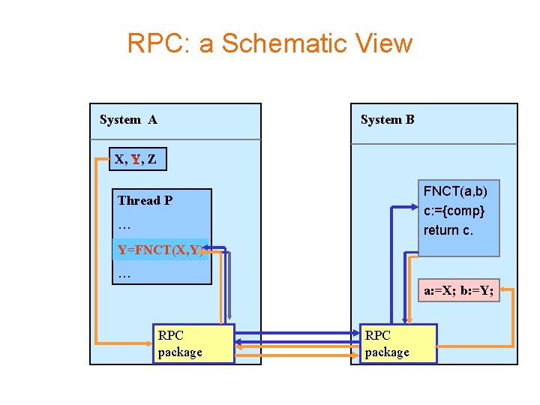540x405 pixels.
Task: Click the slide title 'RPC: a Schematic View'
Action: (269, 43)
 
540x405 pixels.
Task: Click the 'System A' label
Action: (128, 120)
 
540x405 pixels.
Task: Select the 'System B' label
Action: (387, 120)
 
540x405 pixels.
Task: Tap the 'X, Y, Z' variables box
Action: (136, 159)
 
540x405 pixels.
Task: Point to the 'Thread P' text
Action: (145, 200)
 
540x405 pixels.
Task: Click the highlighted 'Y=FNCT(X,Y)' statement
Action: (159, 250)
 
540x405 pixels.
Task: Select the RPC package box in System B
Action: (398, 343)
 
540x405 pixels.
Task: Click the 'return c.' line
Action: (448, 230)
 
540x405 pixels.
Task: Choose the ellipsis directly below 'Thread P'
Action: (124, 225)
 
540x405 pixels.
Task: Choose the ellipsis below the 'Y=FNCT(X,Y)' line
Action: (124, 274)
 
